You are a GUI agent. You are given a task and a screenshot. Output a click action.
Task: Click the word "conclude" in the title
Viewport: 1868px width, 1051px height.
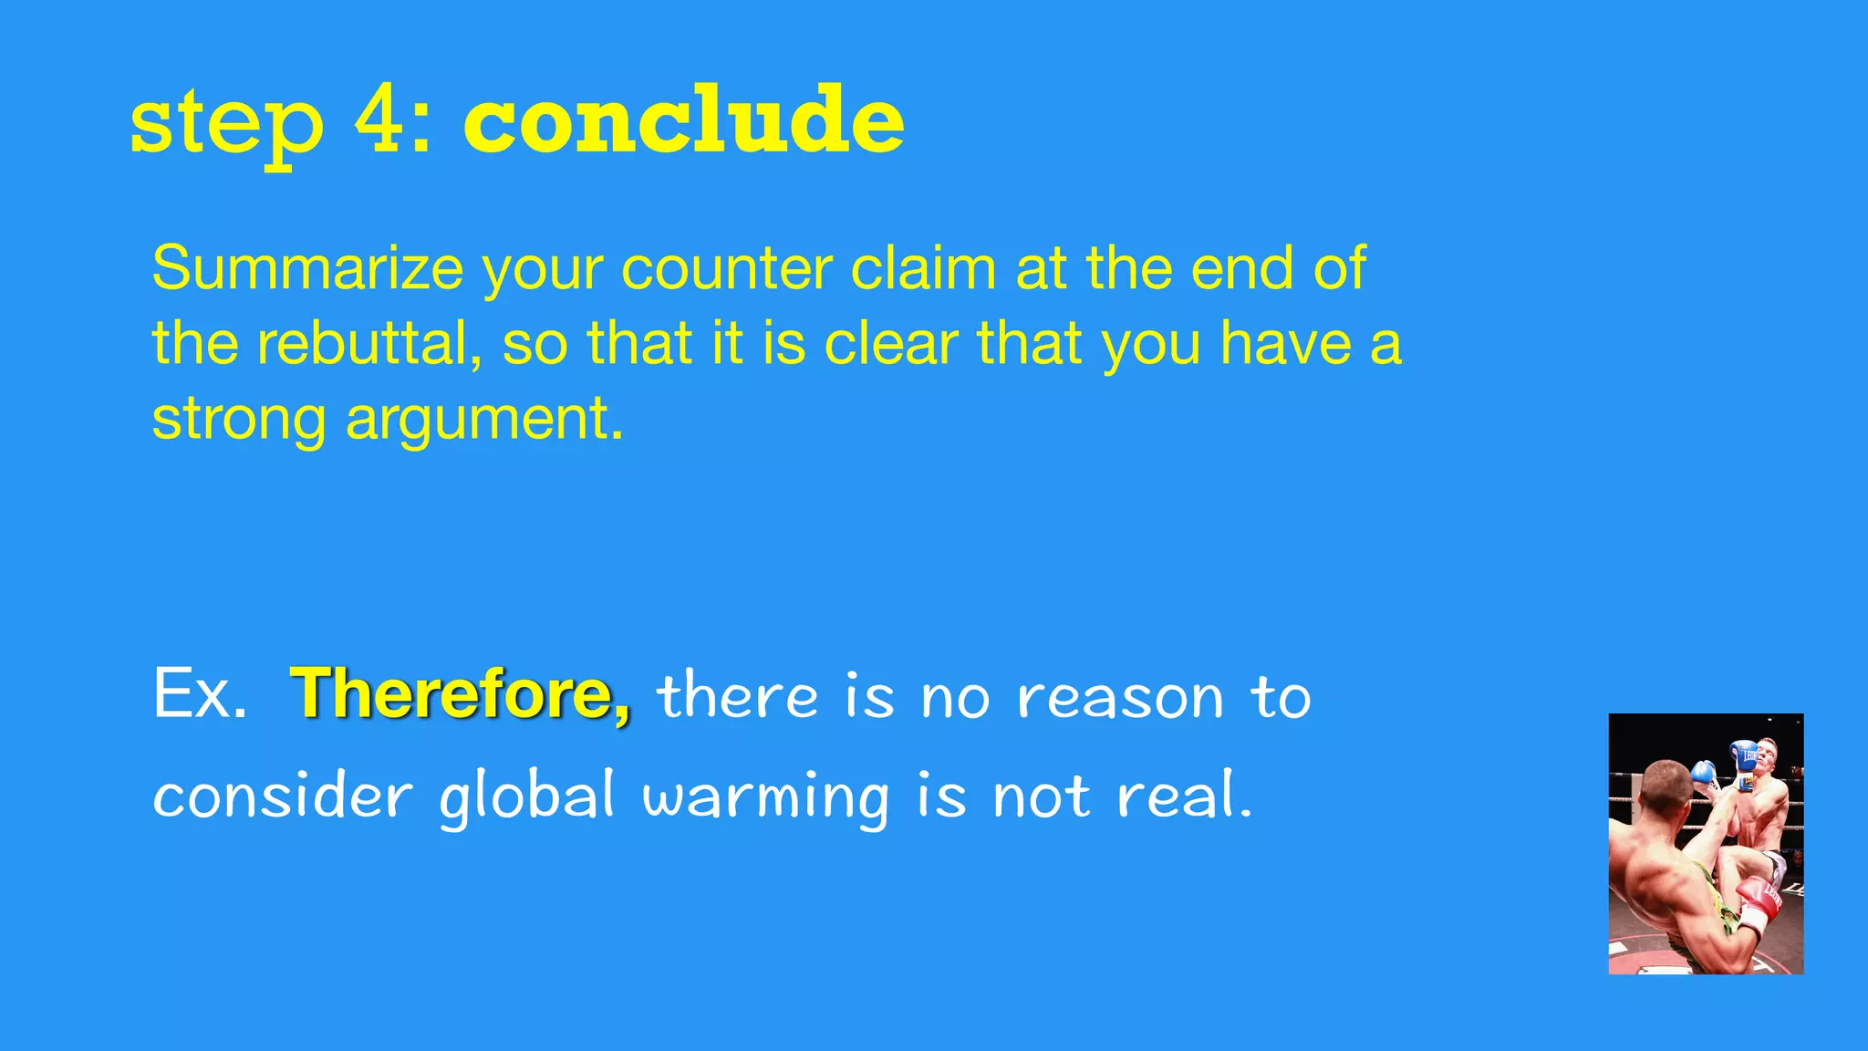pos(684,121)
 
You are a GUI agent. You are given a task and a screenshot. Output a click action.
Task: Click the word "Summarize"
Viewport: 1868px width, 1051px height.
pos(307,268)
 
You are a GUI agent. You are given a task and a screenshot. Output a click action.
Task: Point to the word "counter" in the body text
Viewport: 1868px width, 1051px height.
pos(726,270)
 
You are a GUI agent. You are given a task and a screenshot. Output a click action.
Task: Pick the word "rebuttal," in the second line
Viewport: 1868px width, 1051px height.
pos(368,344)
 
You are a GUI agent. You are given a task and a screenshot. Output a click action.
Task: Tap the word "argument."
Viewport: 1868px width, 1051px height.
pos(484,420)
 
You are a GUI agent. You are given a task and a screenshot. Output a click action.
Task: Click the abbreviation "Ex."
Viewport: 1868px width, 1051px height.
pos(200,694)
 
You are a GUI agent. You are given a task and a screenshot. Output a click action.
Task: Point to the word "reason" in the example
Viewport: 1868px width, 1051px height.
pos(1119,698)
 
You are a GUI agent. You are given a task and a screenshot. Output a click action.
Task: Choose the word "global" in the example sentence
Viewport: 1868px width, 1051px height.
pos(527,796)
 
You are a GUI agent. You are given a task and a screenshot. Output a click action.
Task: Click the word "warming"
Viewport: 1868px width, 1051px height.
pos(766,796)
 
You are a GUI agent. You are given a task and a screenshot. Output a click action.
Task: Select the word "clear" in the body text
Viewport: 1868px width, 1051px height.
pos(890,344)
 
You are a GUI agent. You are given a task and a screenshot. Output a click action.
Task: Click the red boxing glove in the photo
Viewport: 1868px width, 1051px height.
pos(1759,903)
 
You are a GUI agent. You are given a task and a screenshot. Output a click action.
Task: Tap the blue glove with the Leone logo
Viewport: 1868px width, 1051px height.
pos(1745,755)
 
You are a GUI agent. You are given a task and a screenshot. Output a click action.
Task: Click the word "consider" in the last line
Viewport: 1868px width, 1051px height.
pos(283,795)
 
